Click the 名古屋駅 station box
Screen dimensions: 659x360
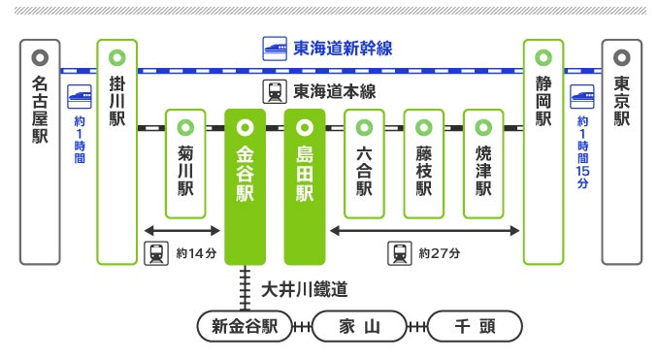click(40, 152)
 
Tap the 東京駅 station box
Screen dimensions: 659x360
click(621, 152)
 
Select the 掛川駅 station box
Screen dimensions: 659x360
click(117, 152)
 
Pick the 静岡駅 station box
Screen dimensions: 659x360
click(544, 152)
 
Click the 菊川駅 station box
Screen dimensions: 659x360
click(185, 164)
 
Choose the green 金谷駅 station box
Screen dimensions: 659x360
click(245, 187)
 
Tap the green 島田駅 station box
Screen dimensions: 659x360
click(305, 187)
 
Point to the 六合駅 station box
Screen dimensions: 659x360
click(364, 164)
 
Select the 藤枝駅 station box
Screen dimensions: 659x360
click(424, 164)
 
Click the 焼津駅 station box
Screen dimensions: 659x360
click(483, 164)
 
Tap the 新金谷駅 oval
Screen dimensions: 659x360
click(245, 326)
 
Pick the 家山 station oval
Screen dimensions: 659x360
click(359, 326)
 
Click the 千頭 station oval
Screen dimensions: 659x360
click(475, 326)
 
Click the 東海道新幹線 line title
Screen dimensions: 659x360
click(343, 49)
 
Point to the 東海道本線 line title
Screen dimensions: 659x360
click(335, 91)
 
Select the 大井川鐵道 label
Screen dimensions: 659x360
click(305, 289)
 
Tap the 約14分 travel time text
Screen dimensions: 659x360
click(196, 253)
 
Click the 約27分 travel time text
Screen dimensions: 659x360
click(440, 253)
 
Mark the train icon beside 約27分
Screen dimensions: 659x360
click(400, 253)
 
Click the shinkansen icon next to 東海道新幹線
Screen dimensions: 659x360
click(275, 49)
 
